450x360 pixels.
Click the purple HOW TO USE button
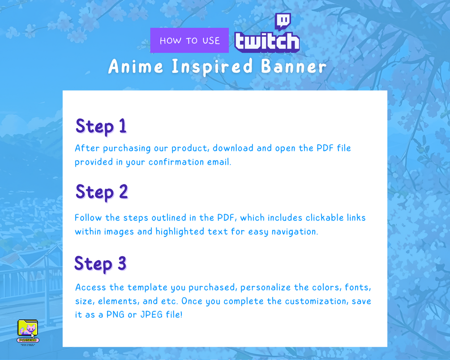pyautogui.click(x=189, y=40)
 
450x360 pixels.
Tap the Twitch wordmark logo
pyautogui.click(x=267, y=42)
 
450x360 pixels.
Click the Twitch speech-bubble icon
pyautogui.click(x=283, y=21)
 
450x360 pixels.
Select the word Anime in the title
pyautogui.click(x=136, y=66)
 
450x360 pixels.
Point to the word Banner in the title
pyautogui.click(x=294, y=66)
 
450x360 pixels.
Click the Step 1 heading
pyautogui.click(x=101, y=126)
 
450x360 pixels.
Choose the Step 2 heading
pyautogui.click(x=102, y=192)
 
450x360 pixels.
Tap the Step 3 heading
pyautogui.click(x=100, y=264)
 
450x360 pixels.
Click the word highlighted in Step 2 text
pyautogui.click(x=180, y=231)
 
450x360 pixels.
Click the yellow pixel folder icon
pyautogui.click(x=28, y=328)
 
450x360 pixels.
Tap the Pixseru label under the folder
pyautogui.click(x=28, y=340)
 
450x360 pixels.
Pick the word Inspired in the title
pyautogui.click(x=212, y=67)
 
